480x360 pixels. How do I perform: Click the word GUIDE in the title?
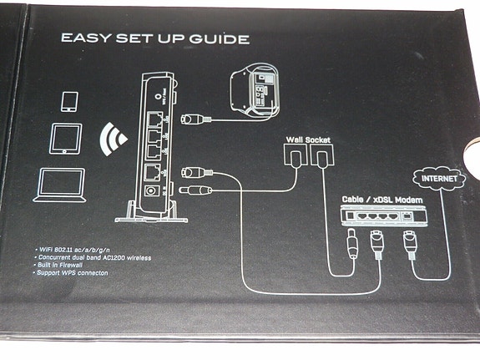tap(215, 38)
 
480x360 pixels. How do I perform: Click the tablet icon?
tap(66, 138)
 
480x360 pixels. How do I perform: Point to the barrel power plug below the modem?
tap(351, 246)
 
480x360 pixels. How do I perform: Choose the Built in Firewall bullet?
tap(63, 266)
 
